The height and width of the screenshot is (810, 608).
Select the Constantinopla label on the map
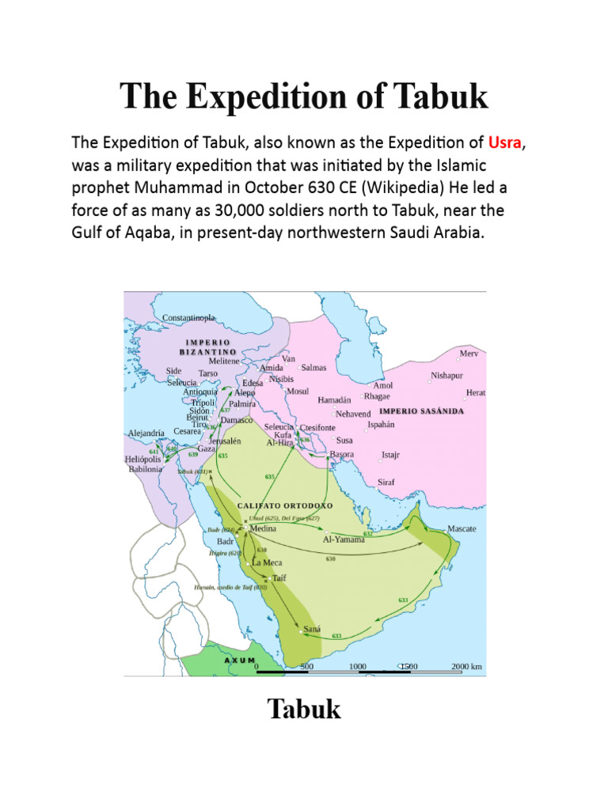188,318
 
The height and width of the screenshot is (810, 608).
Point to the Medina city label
263,528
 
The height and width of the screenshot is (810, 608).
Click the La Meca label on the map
267,562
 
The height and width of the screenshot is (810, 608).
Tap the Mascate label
462,528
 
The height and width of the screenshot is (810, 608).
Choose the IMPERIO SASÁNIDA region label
421,411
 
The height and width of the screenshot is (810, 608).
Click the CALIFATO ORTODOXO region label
286,505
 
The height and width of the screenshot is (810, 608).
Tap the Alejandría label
146,433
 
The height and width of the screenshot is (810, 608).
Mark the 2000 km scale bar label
466,667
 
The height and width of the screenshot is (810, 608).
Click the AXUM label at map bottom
240,660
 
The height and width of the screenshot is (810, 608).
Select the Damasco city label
236,419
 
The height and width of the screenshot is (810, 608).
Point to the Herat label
476,392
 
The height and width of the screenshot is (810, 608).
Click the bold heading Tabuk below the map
304,709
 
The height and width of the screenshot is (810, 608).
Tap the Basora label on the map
342,455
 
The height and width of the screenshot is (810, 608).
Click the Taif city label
279,578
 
